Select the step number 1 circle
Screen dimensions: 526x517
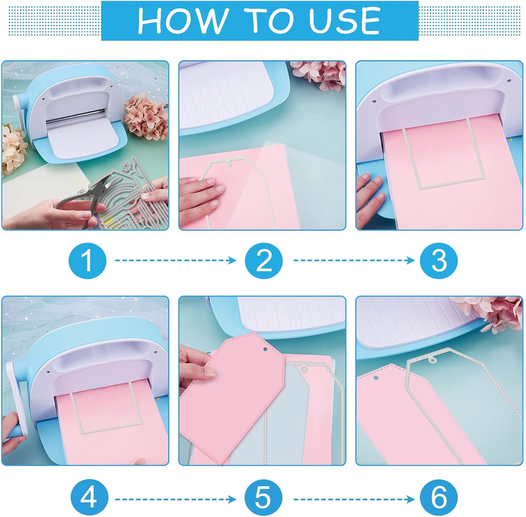tap(87, 260)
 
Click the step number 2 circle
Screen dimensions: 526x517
tap(264, 260)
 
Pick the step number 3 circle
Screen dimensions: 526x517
tap(439, 260)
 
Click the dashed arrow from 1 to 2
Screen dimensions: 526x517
tap(176, 260)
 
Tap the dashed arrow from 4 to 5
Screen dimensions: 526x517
tap(176, 499)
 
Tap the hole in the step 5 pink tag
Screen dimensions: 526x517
tap(265, 349)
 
